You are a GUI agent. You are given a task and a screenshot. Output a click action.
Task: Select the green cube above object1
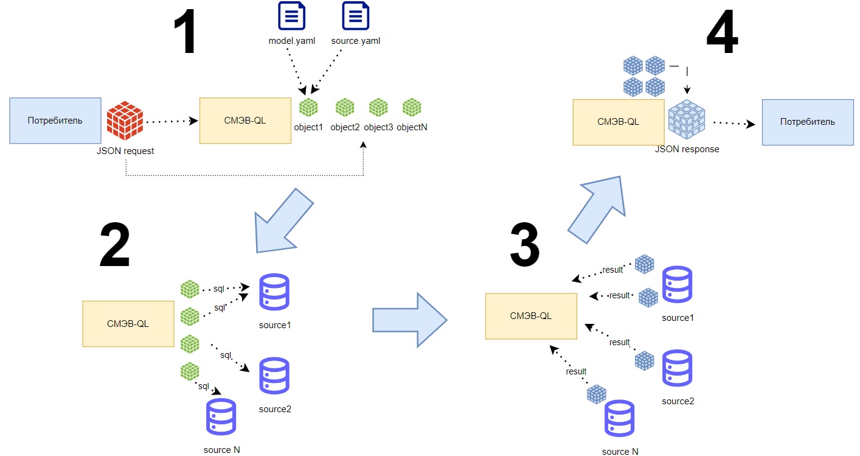(309, 108)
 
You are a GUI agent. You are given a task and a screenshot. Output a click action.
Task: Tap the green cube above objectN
(412, 107)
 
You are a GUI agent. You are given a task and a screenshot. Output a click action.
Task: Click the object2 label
(345, 128)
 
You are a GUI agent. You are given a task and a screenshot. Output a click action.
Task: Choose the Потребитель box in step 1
(55, 121)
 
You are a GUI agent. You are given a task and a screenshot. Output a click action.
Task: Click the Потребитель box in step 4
(808, 122)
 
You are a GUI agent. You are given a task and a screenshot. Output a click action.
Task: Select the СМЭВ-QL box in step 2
(128, 324)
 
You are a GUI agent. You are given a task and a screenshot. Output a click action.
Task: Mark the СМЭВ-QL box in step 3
(531, 316)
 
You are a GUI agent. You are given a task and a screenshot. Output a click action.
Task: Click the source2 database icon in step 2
(274, 376)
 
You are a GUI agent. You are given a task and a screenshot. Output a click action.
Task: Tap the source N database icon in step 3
(620, 419)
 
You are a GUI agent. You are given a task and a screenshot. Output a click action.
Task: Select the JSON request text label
(126, 151)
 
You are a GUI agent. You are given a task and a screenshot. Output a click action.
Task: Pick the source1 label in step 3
(678, 318)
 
